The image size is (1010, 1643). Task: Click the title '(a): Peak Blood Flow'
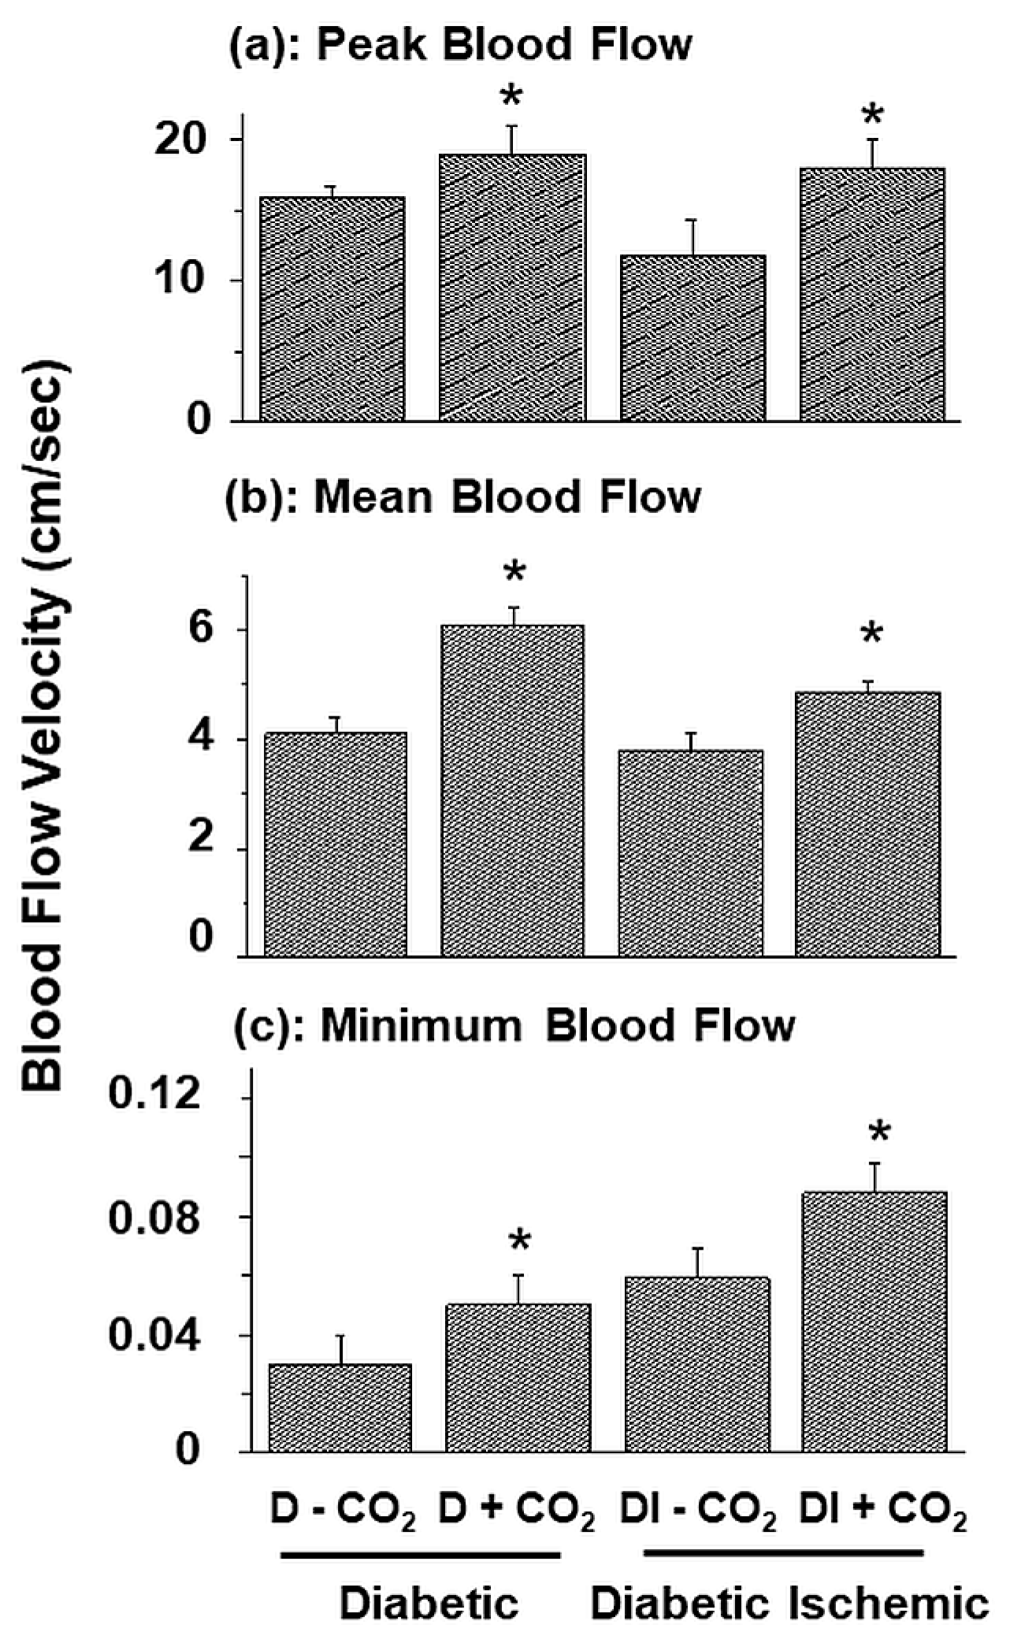pos(460,46)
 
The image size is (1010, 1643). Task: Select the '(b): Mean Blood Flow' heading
pos(463,498)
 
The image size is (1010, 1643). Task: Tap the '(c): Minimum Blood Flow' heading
pos(515,1026)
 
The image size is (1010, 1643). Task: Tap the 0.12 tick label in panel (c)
pos(154,1096)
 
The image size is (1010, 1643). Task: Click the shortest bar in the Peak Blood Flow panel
pos(693,339)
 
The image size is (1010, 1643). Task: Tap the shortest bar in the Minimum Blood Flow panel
pos(340,1408)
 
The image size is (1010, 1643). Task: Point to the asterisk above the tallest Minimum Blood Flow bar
pos(879,1133)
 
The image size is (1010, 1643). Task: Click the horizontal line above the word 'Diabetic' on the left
pos(421,1555)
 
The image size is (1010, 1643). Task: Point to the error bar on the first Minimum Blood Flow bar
pos(341,1349)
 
